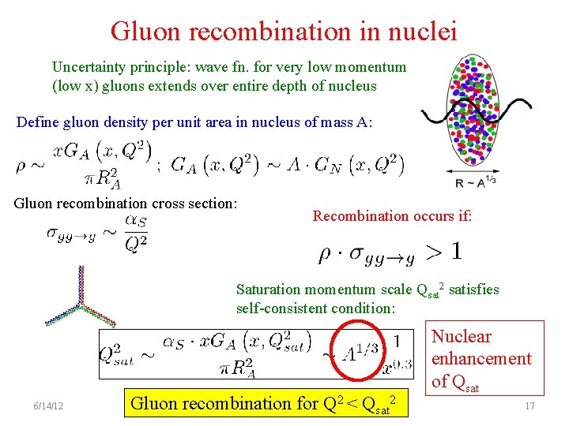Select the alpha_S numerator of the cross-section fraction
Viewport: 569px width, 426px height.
click(137, 222)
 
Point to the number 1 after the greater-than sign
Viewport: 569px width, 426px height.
click(456, 252)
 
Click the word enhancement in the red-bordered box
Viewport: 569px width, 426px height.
click(482, 359)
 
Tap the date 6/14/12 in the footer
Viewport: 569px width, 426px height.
click(49, 406)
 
